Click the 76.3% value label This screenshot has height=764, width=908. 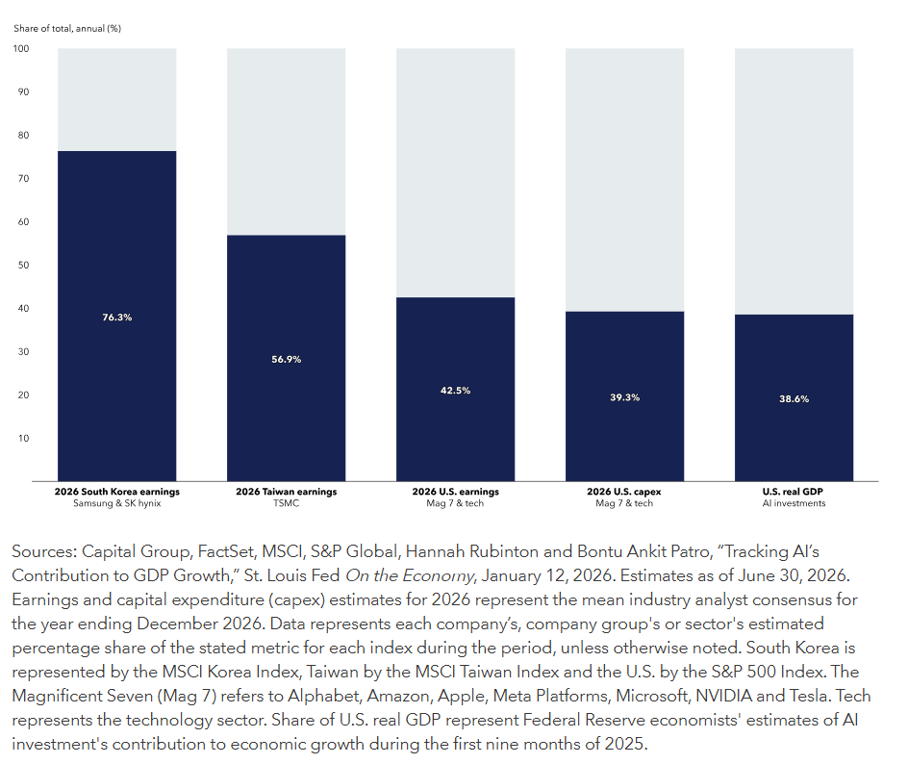[117, 318]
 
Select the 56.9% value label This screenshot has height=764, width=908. [286, 360]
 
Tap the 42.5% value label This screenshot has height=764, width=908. [455, 391]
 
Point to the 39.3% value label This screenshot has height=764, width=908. [624, 397]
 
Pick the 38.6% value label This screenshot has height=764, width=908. [794, 399]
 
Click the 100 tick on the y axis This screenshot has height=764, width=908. [21, 49]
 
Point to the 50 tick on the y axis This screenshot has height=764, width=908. [23, 266]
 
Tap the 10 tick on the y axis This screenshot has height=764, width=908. [23, 439]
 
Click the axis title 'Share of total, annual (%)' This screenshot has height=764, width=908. [67, 28]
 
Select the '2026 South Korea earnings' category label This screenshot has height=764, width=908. [117, 492]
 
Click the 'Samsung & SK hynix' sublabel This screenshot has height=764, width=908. [117, 503]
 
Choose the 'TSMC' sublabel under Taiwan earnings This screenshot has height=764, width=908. [286, 503]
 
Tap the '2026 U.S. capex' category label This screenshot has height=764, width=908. [623, 492]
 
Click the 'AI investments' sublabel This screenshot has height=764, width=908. [794, 503]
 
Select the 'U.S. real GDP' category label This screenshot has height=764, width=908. [793, 492]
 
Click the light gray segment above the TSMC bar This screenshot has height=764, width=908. [286, 141]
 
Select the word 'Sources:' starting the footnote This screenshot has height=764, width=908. [44, 551]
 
